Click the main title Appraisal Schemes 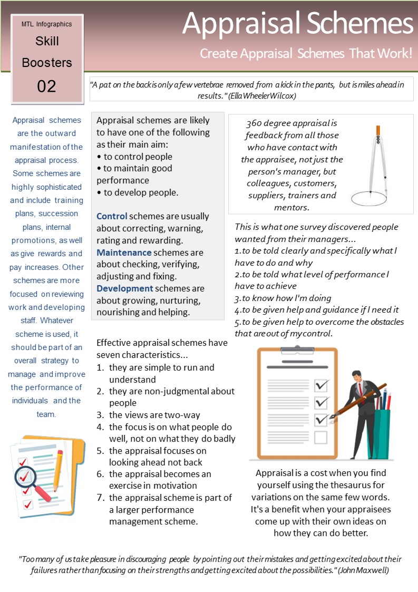click(x=298, y=24)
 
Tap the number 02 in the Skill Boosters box click(x=46, y=86)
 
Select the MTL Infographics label click(x=46, y=24)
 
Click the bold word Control click(x=112, y=216)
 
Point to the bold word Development click(x=125, y=288)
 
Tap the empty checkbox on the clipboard click(x=320, y=437)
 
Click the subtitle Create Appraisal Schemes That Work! click(x=306, y=54)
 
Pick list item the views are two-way click(x=154, y=415)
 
